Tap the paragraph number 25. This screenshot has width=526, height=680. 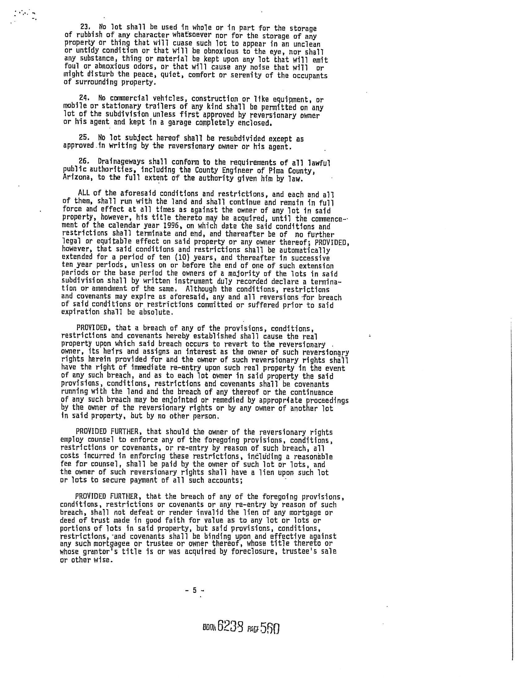coord(84,138)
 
